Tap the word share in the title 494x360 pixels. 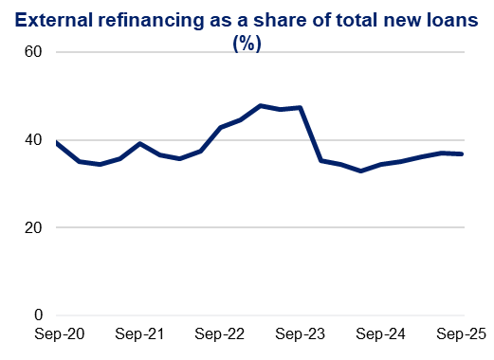coord(269,20)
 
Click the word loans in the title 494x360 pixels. coord(446,20)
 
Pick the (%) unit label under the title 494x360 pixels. coord(247,43)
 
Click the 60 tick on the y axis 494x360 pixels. coord(34,52)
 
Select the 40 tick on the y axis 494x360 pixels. coord(34,140)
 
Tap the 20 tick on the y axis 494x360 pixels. coord(34,227)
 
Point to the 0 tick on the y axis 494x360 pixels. coord(39,315)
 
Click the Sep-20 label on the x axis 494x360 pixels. coord(58,334)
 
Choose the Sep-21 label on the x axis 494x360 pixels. coord(139,334)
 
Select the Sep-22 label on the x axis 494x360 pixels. coord(221,334)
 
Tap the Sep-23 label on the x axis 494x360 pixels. coord(302,334)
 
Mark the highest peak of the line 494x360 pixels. coord(261,105)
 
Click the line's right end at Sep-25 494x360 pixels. coord(463,153)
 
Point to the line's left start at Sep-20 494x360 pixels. coord(58,143)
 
